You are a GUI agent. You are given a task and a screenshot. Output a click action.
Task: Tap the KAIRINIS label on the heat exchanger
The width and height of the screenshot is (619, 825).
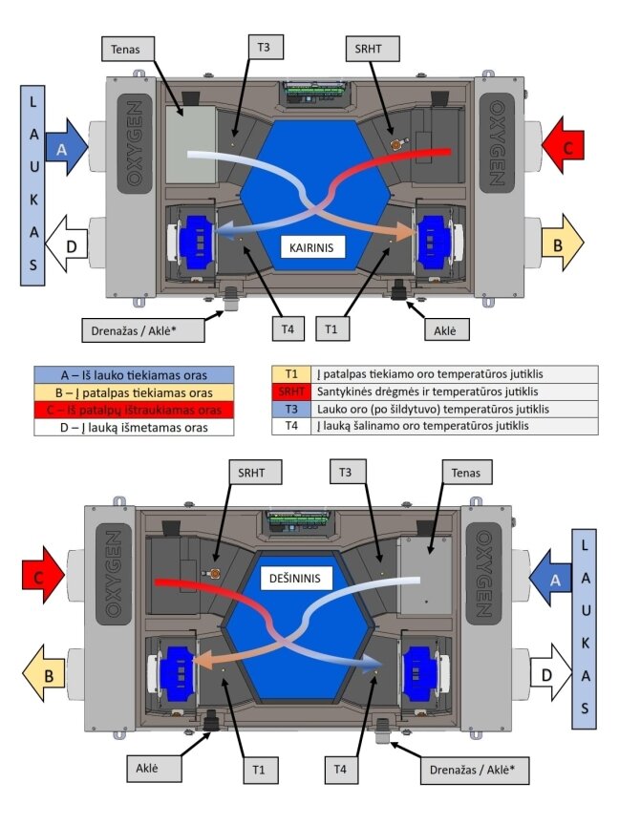tap(311, 247)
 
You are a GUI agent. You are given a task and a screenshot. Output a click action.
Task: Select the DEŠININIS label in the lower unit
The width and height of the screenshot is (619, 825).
tap(295, 579)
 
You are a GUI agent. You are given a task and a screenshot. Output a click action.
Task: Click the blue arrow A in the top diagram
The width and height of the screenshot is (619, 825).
tap(66, 150)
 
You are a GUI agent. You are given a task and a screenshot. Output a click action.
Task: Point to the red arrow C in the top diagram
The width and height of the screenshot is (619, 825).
tap(562, 146)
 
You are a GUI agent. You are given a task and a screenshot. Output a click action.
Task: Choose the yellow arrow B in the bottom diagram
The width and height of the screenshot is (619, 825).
tap(43, 674)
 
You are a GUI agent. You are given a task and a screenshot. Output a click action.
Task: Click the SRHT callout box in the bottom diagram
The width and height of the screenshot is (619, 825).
tap(251, 473)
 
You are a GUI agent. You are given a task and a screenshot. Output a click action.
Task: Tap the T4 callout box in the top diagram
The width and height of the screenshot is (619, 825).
tap(288, 329)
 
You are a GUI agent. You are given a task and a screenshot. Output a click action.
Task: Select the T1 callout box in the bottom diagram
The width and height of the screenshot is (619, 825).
tap(259, 770)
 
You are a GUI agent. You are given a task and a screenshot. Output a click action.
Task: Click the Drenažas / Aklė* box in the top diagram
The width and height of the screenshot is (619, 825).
tap(143, 331)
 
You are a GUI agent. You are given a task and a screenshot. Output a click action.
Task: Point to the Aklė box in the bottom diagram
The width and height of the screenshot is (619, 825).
tap(147, 768)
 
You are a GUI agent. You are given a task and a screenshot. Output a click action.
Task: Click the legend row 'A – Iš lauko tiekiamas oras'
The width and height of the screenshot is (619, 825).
tap(135, 375)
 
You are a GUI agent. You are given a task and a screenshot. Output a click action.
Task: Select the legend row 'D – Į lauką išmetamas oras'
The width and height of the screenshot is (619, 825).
tap(135, 427)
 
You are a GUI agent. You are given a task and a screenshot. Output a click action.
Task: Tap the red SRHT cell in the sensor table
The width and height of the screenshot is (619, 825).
tap(291, 391)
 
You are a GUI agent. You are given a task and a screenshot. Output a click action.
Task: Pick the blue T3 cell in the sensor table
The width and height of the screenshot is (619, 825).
tap(291, 409)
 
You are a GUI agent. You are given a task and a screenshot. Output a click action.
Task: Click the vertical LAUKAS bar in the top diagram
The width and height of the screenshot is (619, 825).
tap(32, 185)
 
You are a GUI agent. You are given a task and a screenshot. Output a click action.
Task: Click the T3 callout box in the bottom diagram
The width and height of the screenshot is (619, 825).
tap(345, 472)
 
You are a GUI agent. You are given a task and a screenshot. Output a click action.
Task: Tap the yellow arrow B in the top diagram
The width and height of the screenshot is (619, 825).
tap(562, 243)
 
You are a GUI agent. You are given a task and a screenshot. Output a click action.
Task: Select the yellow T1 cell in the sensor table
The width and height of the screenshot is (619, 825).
tap(291, 374)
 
